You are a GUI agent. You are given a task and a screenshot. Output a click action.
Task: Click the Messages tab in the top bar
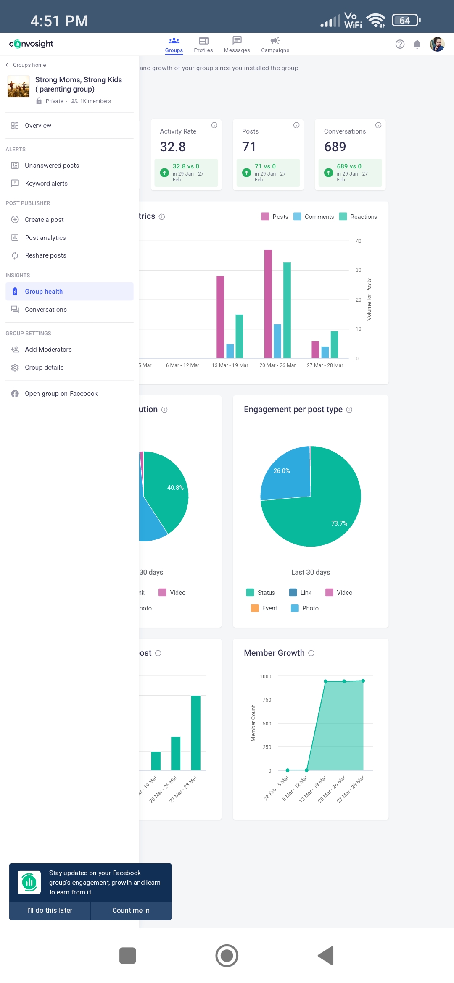pos(237,45)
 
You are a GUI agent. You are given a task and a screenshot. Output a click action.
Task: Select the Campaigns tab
pos(275,45)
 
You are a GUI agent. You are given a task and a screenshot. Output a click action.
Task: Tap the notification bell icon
pos(417,44)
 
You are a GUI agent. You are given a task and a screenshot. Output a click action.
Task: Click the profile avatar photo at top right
pos(437,44)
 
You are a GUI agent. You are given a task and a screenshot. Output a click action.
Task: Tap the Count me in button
pos(131,910)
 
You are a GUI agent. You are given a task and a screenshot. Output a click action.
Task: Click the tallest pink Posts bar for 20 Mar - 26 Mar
pos(268,304)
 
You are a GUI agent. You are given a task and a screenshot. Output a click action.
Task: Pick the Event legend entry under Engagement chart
pos(264,608)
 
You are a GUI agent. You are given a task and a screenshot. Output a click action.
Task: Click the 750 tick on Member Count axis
pos(267,700)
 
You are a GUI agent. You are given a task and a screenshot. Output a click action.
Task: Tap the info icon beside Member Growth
pos(311,653)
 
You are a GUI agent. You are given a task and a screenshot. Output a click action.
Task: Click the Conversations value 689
pos(335,147)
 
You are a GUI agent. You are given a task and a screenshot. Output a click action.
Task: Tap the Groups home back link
pos(26,65)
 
